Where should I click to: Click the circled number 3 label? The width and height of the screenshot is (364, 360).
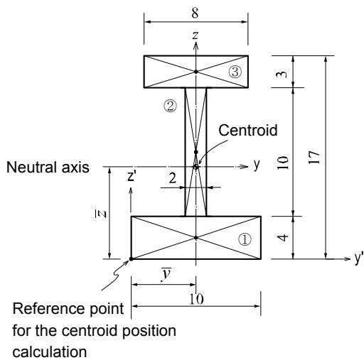[x=235, y=72]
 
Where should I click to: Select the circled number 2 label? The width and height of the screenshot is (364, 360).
[x=170, y=106]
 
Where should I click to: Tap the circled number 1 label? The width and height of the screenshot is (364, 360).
[x=245, y=239]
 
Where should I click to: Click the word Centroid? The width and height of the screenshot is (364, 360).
[x=248, y=130]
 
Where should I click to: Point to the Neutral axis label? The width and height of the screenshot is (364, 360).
[x=48, y=167]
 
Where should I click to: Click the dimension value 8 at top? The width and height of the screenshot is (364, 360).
[x=195, y=13]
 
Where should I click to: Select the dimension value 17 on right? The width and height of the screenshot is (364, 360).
[x=314, y=157]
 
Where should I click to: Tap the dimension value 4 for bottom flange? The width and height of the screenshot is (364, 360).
[x=283, y=237]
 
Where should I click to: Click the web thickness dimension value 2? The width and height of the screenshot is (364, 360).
[x=173, y=178]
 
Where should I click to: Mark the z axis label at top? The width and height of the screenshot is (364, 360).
[x=195, y=35]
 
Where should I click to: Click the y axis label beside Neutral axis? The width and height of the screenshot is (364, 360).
[x=257, y=164]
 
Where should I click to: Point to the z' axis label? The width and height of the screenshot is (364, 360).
[x=132, y=176]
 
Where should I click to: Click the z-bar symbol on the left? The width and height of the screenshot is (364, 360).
[x=102, y=214]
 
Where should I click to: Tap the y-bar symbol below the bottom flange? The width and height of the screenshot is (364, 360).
[x=166, y=275]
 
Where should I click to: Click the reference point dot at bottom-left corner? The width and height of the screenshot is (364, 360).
[x=131, y=259]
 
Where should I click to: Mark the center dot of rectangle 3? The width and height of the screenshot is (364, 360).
[x=196, y=72]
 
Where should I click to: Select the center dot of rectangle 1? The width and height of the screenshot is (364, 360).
[x=196, y=237]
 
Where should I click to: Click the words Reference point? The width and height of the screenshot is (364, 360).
[x=68, y=309]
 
